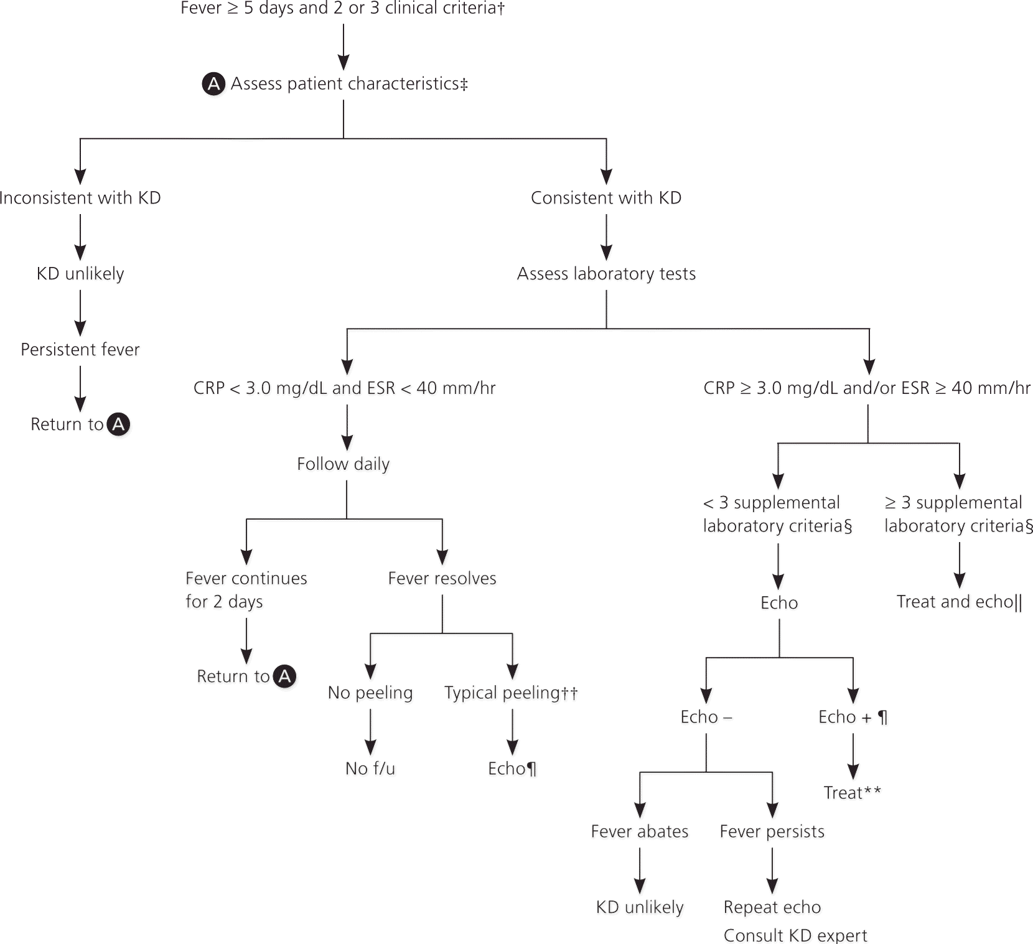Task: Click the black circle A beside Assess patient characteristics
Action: pyautogui.click(x=213, y=84)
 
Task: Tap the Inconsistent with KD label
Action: pyautogui.click(x=80, y=198)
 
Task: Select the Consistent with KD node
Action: pyautogui.click(x=606, y=198)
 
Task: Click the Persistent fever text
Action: pyautogui.click(x=80, y=350)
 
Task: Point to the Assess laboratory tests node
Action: pyautogui.click(x=606, y=274)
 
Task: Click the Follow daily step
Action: pyautogui.click(x=344, y=464)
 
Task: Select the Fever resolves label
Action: pyautogui.click(x=442, y=579)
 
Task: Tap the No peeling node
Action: pyautogui.click(x=370, y=693)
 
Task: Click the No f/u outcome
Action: pyautogui.click(x=370, y=769)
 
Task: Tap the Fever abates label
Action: pyautogui.click(x=640, y=832)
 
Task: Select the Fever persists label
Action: pyautogui.click(x=772, y=832)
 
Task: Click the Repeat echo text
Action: pyautogui.click(x=772, y=907)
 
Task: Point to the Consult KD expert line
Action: pyautogui.click(x=795, y=935)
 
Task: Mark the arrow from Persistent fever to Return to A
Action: pyautogui.click(x=80, y=389)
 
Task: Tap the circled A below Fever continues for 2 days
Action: pyautogui.click(x=285, y=676)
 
